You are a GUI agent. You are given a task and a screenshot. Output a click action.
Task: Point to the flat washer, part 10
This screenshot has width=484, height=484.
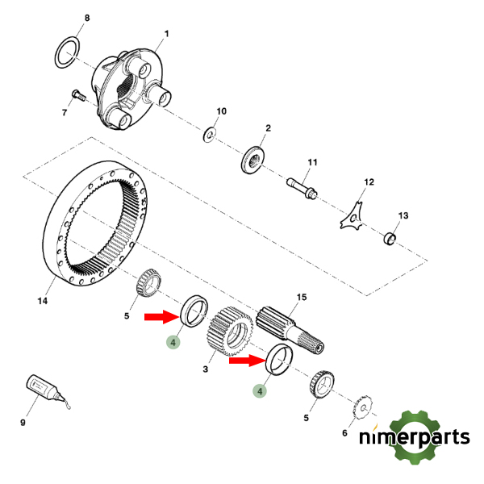click(x=209, y=133)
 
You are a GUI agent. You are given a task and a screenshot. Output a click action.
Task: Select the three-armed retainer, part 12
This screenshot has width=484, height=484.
click(x=353, y=216)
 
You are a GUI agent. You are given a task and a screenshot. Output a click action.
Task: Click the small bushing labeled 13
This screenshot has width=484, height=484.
click(x=390, y=238)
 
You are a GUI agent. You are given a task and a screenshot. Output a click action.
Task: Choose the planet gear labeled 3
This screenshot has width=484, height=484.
click(x=228, y=333)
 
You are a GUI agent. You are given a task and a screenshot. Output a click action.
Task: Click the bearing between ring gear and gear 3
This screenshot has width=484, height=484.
click(x=149, y=281)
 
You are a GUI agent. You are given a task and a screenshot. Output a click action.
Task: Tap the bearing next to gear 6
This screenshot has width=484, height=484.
click(x=320, y=384)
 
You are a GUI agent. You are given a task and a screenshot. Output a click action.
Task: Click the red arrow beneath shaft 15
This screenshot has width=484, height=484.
click(x=245, y=361)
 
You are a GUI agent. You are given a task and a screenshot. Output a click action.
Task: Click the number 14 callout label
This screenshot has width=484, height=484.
click(x=43, y=301)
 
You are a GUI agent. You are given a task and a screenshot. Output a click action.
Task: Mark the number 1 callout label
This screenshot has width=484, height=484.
click(x=166, y=34)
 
